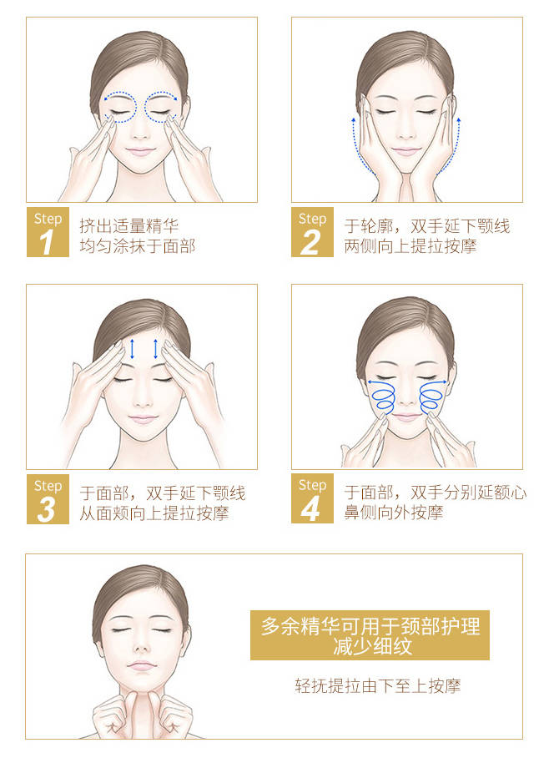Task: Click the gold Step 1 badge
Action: point(48,232)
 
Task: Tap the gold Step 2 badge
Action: point(312,232)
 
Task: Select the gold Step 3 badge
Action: point(48,499)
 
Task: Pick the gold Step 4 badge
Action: point(312,499)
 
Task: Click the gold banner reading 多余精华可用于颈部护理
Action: point(370,635)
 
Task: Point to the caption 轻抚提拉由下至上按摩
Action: point(378,685)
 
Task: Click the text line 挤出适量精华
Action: point(129,225)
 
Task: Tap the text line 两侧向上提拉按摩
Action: point(410,246)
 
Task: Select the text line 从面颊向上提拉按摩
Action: point(154,513)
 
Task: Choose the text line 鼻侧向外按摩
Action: point(393,512)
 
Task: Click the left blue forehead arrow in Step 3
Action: point(132,349)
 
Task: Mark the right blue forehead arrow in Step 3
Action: point(155,349)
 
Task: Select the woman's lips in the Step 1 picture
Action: point(140,152)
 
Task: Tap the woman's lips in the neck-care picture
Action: point(141,665)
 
